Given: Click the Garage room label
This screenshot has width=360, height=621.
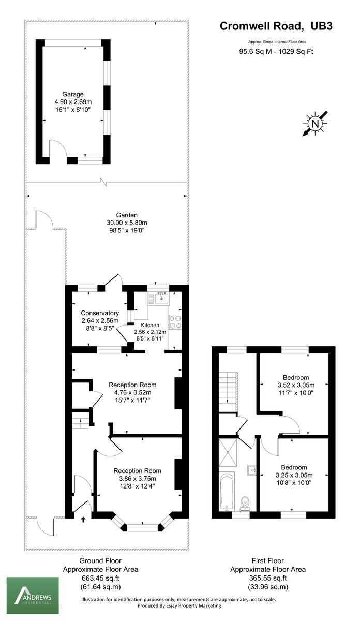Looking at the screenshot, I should click(73, 94).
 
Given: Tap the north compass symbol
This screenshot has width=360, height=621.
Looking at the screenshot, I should click(314, 123).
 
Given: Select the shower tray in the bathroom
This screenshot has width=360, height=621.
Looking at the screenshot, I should click(228, 452).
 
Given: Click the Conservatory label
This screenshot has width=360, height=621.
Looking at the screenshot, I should click(100, 313).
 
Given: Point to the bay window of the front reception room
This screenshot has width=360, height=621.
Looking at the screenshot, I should click(142, 527).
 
